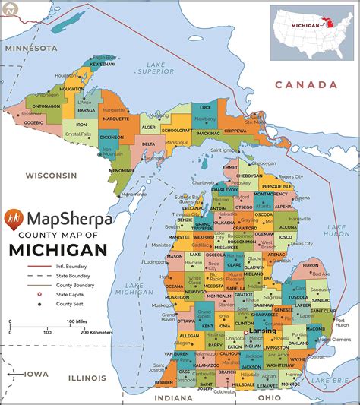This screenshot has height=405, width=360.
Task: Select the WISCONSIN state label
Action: (51, 175)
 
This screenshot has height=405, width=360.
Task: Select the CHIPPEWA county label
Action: (235, 130)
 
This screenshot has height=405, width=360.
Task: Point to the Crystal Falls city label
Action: (77, 134)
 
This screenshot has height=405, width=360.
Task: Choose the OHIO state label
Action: (266, 397)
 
